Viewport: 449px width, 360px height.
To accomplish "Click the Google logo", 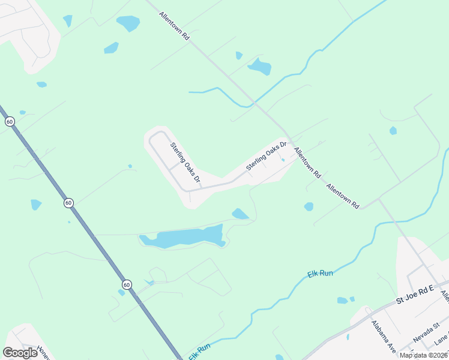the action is tap(20, 352).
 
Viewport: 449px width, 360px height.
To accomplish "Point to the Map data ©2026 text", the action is tap(423, 355).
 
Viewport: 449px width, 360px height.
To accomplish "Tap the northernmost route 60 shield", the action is tap(10, 121).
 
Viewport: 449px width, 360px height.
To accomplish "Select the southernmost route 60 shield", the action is tap(126, 284).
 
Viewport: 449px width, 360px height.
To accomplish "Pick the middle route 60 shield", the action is tap(68, 203).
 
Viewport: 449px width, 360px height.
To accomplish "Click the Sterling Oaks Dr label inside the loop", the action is tap(185, 163).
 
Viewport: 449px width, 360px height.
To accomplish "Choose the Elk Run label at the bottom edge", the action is tap(200, 351).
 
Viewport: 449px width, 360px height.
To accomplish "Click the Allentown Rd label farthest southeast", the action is tap(342, 196).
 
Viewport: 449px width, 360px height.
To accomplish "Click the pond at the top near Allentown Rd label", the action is tap(128, 23).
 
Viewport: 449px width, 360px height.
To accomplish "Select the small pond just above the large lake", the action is tap(240, 214).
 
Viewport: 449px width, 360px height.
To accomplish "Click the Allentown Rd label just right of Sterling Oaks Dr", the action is tap(307, 163).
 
